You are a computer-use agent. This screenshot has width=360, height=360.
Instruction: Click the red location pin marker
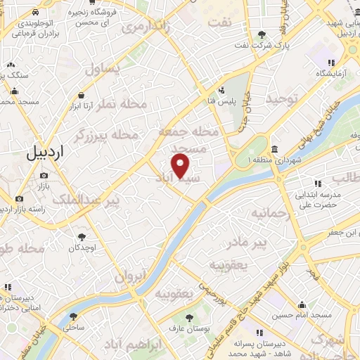click(x=181, y=166)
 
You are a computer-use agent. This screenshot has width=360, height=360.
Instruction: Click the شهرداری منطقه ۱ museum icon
click(x=273, y=150)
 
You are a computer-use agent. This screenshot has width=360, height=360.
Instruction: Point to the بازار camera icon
click(x=44, y=175)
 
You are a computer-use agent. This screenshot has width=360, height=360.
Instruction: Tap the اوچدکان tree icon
click(x=83, y=237)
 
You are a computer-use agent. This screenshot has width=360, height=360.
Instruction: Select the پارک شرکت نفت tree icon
click(x=262, y=34)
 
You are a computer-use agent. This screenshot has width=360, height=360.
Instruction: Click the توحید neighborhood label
click(x=282, y=99)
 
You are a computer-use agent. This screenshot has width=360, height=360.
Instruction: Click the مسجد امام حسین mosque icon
click(x=302, y=304)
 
